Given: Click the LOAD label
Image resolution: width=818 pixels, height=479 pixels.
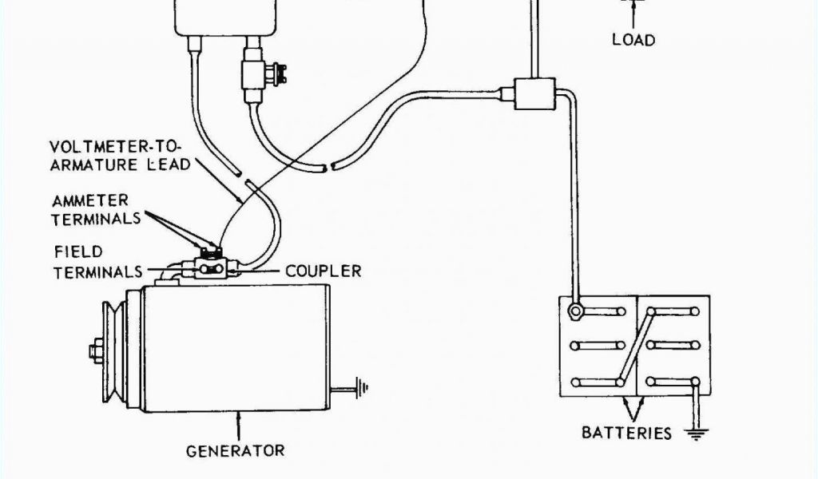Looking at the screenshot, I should tap(633, 39).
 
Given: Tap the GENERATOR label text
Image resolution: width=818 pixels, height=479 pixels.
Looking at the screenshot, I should tap(235, 451).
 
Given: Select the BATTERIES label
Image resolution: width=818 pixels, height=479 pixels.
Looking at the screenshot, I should tap(627, 433).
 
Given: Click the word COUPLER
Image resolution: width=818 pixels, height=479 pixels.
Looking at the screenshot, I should tap(324, 271).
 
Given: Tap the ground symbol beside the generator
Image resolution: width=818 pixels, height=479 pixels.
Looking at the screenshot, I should tap(362, 390).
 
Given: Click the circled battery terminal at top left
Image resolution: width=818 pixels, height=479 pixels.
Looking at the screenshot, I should tap(574, 311).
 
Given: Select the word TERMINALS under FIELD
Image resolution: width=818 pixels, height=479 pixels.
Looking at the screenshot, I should tap(99, 272).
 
